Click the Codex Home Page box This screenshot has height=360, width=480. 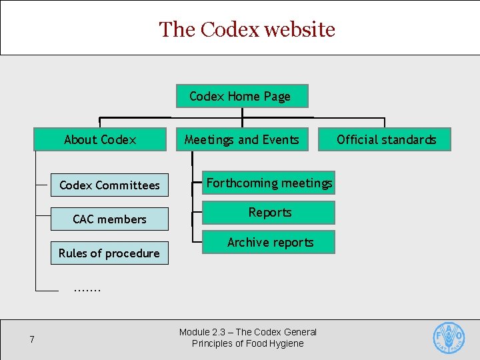click(x=241, y=96)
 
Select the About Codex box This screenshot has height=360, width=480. click(x=100, y=139)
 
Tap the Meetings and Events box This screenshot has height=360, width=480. click(x=242, y=139)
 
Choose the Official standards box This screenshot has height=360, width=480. click(x=386, y=139)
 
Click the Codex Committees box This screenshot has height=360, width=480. click(x=109, y=185)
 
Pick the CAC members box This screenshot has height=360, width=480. click(x=109, y=219)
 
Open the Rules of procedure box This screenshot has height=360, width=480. click(x=109, y=253)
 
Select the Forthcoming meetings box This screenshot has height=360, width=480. click(x=269, y=183)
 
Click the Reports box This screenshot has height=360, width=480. click(x=269, y=213)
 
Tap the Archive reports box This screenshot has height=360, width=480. click(x=269, y=243)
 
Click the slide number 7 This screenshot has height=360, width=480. click(x=32, y=340)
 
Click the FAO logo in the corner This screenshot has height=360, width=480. click(x=449, y=337)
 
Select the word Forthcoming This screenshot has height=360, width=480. click(x=241, y=183)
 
